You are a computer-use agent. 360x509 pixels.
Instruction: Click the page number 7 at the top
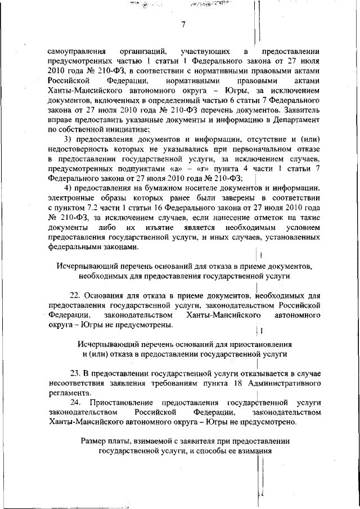183,24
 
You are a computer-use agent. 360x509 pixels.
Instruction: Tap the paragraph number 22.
73,295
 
